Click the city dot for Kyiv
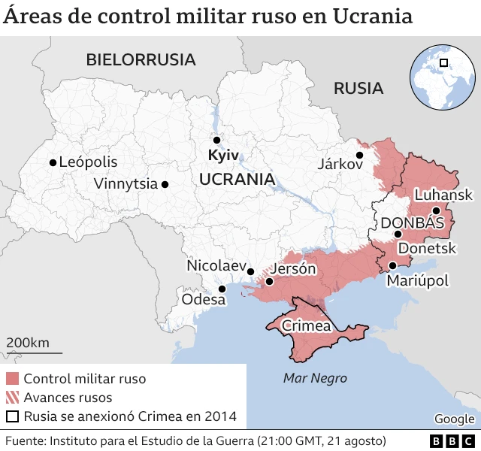click(x=216, y=140)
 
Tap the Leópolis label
click(x=88, y=162)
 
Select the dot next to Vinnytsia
click(x=165, y=184)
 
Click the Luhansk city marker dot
click(x=436, y=210)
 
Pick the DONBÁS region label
click(x=413, y=223)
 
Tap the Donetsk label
click(x=427, y=248)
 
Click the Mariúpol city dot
click(x=392, y=265)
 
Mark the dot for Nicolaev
click(x=251, y=272)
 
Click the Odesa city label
click(x=203, y=300)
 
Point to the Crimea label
click(x=306, y=326)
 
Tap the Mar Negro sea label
click(x=315, y=378)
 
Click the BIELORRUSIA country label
click(x=141, y=59)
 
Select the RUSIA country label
click(x=358, y=89)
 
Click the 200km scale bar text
click(x=29, y=344)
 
